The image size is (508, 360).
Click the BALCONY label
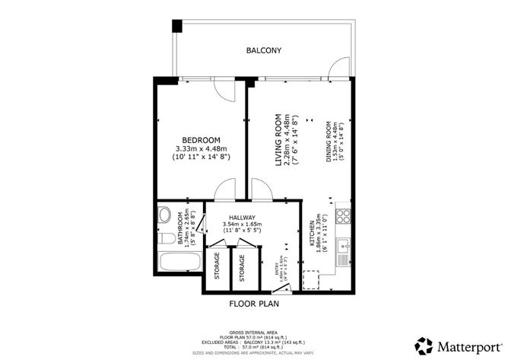point(264,51)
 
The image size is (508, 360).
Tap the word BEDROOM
point(202,139)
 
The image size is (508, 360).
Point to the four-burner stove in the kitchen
point(342,215)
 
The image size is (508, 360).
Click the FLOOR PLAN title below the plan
point(254,304)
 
